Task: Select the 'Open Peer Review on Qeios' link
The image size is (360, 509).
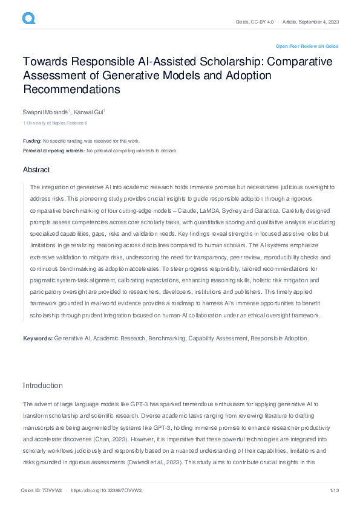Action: (x=307, y=46)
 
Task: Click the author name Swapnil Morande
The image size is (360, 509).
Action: (x=45, y=112)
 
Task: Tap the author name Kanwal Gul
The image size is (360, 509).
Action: (x=89, y=112)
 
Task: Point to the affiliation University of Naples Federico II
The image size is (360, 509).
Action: (x=56, y=123)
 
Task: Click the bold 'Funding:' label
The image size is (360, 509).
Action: (x=32, y=141)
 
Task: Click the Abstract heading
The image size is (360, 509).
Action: (x=36, y=170)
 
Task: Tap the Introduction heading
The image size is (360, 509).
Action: (x=42, y=386)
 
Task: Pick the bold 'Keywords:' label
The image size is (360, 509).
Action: (x=38, y=338)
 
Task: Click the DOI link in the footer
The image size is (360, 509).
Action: (x=110, y=490)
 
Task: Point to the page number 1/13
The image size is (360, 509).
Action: (x=333, y=490)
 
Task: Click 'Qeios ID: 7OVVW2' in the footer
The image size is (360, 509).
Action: (x=41, y=490)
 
